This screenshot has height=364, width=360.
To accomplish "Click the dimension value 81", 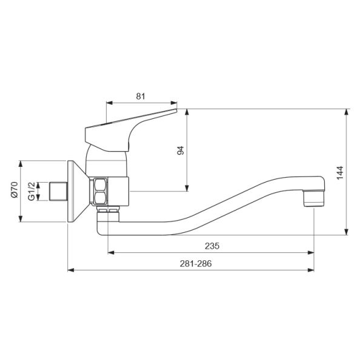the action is pyautogui.click(x=141, y=96).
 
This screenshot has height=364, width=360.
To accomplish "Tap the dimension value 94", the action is pyautogui.click(x=181, y=150).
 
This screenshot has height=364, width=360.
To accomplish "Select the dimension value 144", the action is pyautogui.click(x=340, y=172).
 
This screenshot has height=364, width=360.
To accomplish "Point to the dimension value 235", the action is pyautogui.click(x=212, y=246).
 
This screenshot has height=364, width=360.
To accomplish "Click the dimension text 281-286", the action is pyautogui.click(x=196, y=264).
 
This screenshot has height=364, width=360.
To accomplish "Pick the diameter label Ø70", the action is pyautogui.click(x=15, y=190).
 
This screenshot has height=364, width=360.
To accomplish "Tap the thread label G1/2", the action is pyautogui.click(x=32, y=191).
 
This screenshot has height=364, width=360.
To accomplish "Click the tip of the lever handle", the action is pyautogui.click(x=176, y=110).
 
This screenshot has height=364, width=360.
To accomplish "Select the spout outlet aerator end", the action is pyautogui.click(x=313, y=198).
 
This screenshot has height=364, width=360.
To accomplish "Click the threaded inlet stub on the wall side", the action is pyautogui.click(x=58, y=192).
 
